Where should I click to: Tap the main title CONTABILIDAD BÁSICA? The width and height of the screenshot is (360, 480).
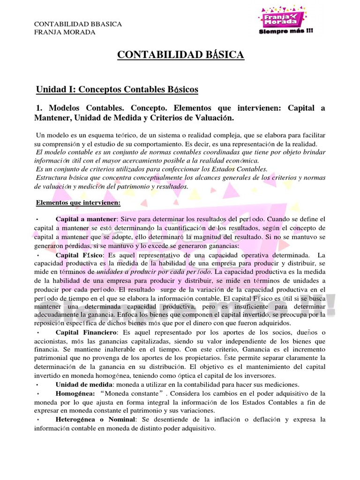tap(180, 55)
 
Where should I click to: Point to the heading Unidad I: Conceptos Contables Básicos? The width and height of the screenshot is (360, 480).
tap(117, 89)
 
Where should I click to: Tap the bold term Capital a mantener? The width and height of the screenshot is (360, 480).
tap(86, 219)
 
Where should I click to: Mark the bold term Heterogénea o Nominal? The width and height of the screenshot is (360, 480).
tap(95, 419)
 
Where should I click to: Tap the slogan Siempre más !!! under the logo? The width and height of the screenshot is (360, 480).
tap(286, 32)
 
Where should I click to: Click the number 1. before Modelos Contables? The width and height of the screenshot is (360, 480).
tap(40, 108)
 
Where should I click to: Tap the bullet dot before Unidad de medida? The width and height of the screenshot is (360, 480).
tap(37, 385)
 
